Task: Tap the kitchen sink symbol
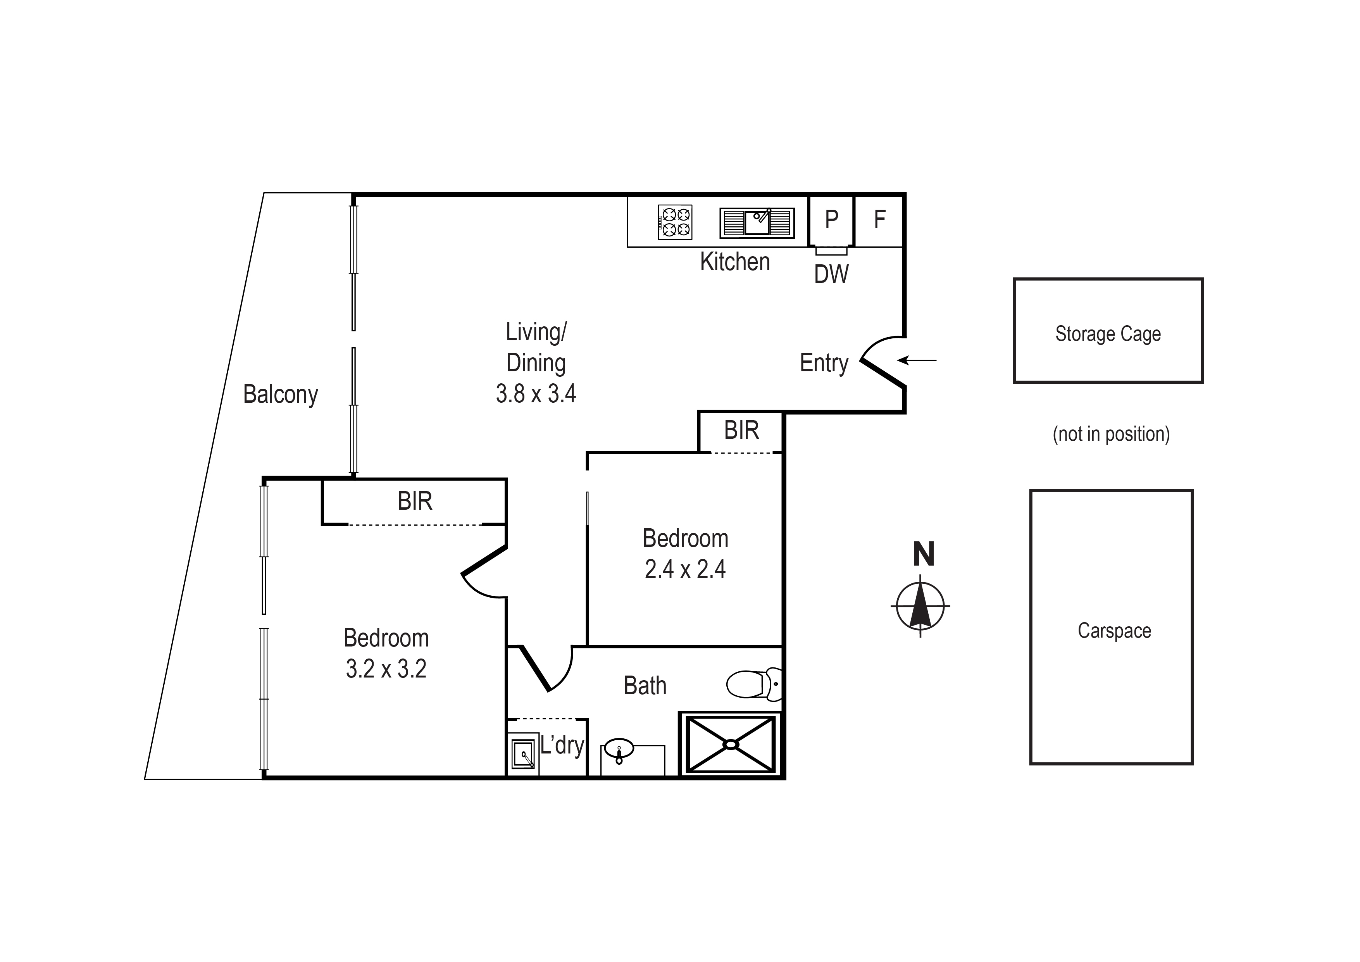point(757,223)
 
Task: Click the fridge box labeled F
point(879,220)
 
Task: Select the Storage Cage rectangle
point(1108,331)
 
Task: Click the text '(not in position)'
point(1111,434)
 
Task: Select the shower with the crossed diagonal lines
point(730,745)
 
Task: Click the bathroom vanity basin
point(619,749)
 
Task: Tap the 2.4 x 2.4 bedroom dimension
point(685,569)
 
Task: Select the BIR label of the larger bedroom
point(415,502)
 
